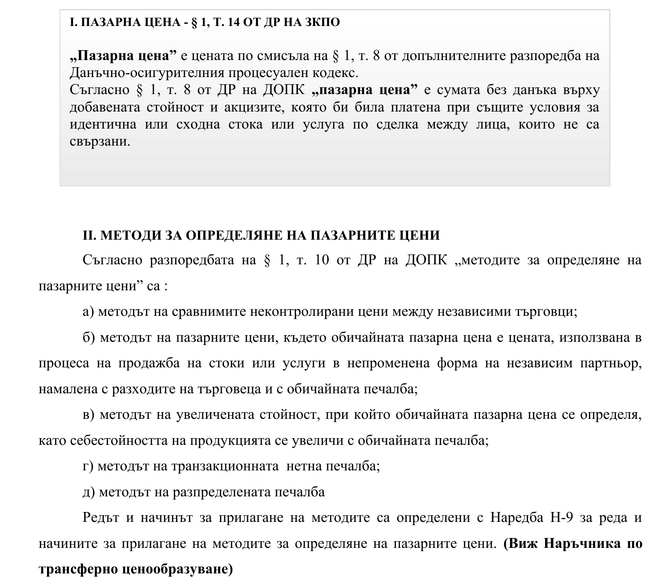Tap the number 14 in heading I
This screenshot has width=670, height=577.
[x=234, y=22]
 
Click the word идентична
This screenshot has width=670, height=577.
[x=103, y=125]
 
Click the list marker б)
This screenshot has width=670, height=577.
[x=89, y=337]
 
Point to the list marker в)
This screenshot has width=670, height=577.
[x=89, y=415]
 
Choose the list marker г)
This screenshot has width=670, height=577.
[x=88, y=466]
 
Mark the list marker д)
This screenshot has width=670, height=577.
[x=88, y=492]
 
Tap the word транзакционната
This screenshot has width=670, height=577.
[x=225, y=466]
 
